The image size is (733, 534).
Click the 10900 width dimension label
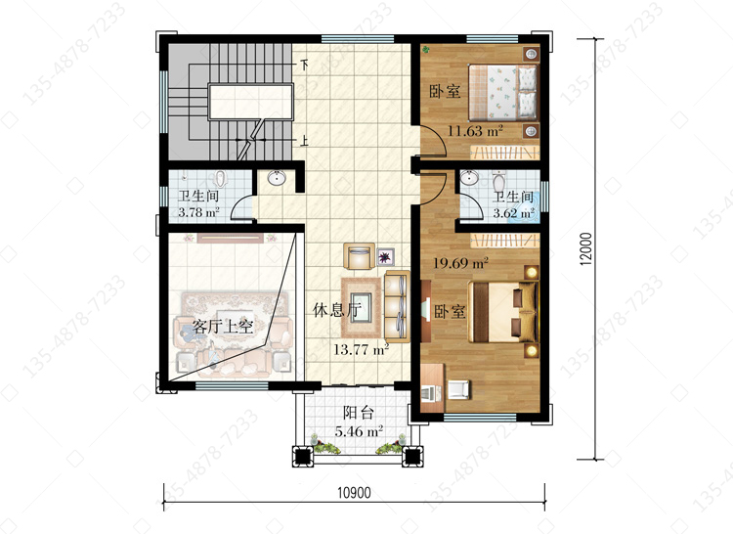click(x=354, y=492)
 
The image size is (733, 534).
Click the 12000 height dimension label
click(x=585, y=249)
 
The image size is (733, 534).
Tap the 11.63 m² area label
click(x=475, y=131)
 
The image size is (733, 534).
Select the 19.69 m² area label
click(x=460, y=262)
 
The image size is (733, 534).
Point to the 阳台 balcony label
click(x=359, y=413)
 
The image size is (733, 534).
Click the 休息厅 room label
click(x=337, y=310)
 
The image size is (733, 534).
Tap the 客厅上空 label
click(x=223, y=326)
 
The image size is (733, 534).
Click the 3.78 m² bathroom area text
click(x=198, y=212)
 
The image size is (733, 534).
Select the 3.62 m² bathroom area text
click(x=514, y=213)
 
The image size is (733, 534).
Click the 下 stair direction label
click(x=304, y=65)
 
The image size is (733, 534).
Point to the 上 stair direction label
click(x=304, y=140)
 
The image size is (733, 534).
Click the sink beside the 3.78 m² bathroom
click(x=277, y=178)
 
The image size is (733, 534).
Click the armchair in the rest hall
click(x=359, y=256)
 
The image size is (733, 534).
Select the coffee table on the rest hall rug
click(x=362, y=307)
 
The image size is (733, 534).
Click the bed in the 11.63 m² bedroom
click(x=502, y=92)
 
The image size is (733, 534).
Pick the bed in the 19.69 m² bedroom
click(x=503, y=311)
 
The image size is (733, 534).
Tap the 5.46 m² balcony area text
click(x=359, y=431)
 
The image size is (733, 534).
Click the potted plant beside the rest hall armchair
click(x=385, y=256)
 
